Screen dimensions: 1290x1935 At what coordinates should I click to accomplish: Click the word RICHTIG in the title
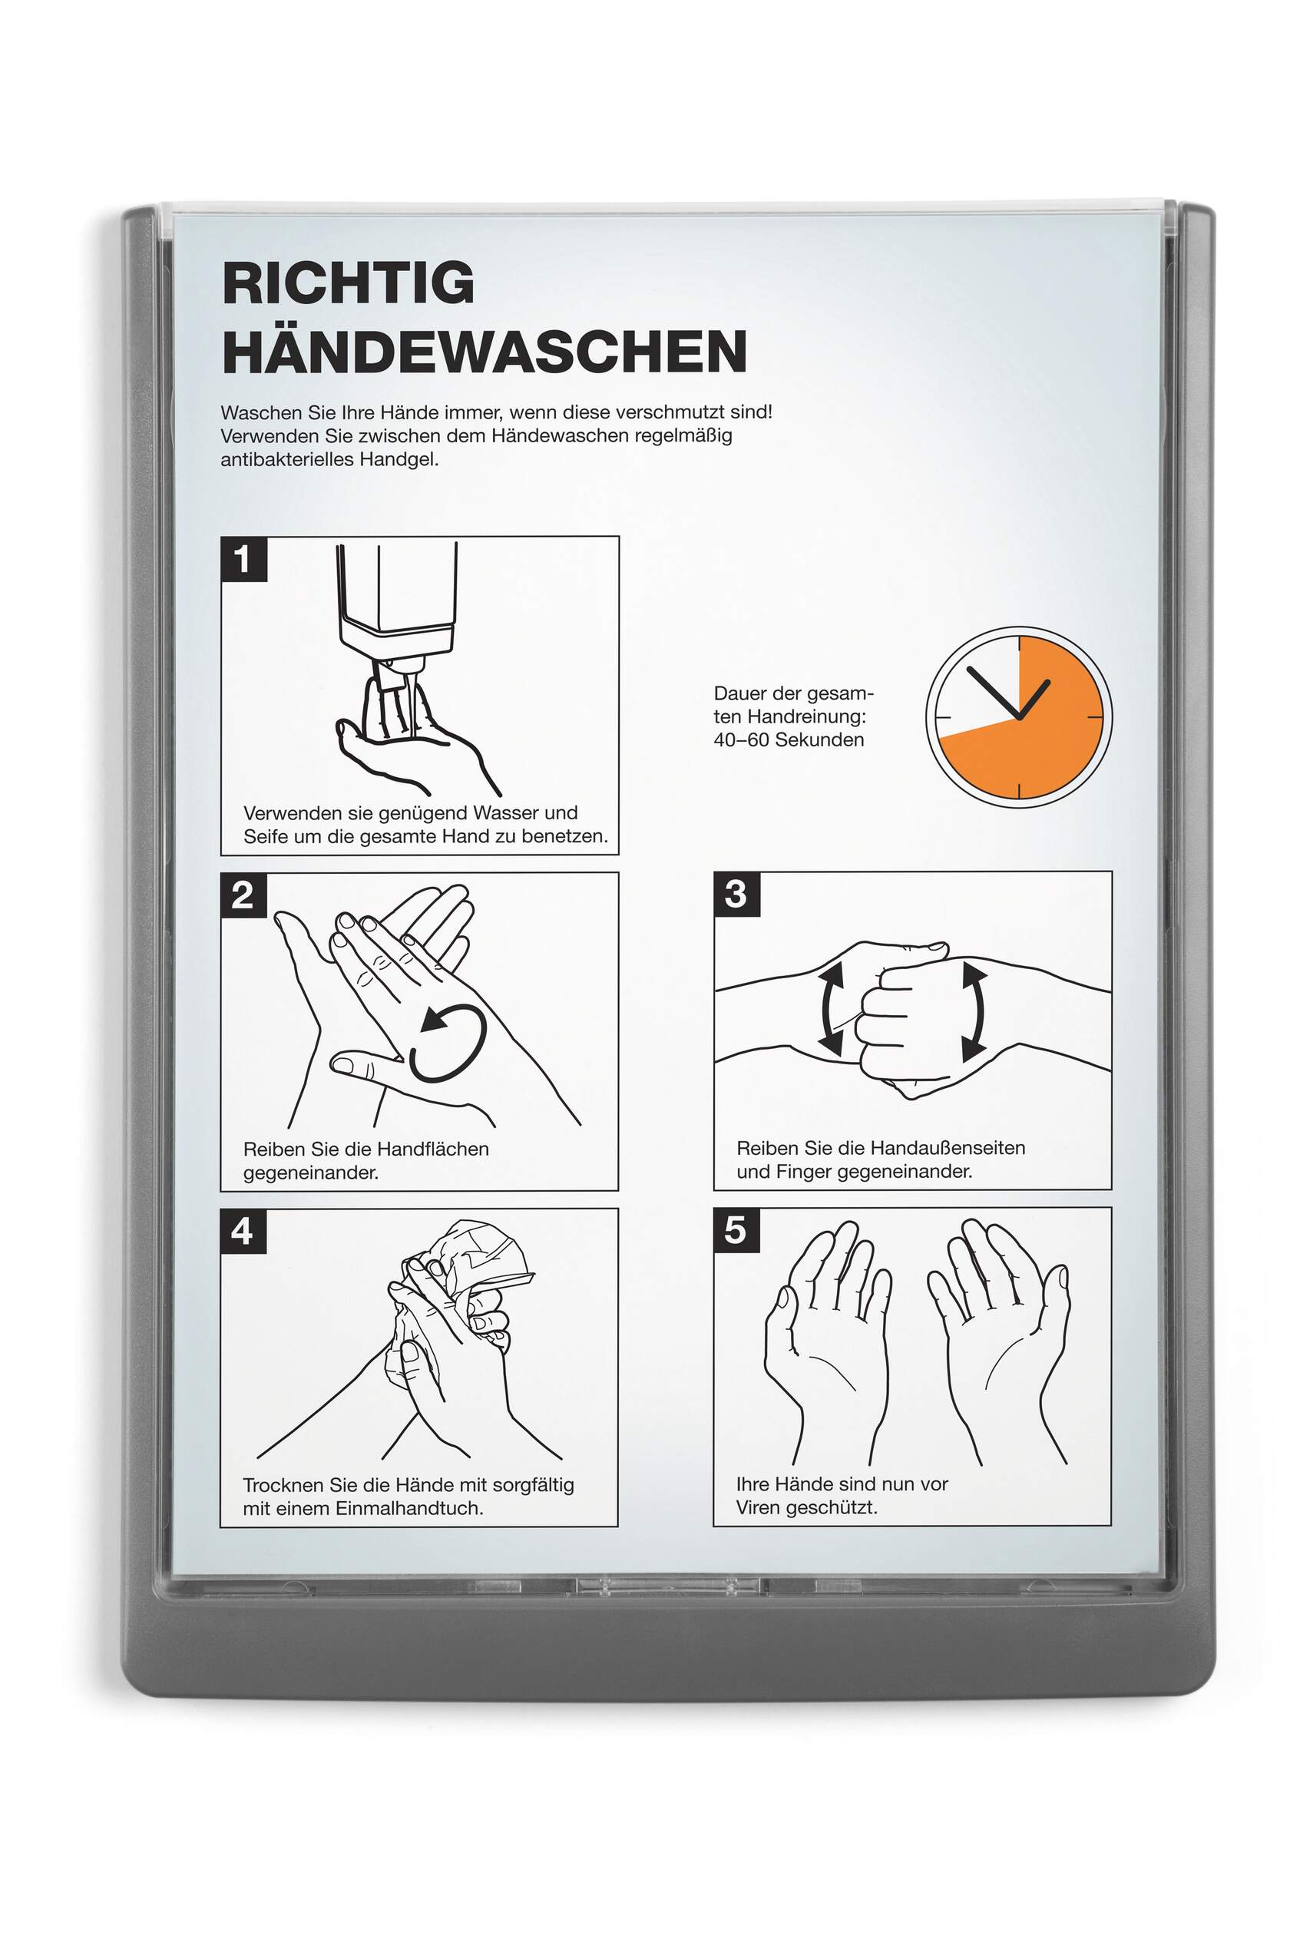[x=348, y=283]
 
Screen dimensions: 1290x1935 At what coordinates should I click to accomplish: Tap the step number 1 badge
[x=243, y=560]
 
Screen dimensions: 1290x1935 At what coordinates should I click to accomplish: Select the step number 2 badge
[x=243, y=895]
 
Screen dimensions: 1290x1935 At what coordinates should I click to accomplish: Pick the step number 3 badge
[x=736, y=895]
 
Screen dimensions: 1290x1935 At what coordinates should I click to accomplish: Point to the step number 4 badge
[x=243, y=1232]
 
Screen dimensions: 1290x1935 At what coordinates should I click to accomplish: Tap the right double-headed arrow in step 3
[x=979, y=1011]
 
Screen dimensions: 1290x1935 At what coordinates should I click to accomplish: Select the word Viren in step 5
[x=759, y=1507]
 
